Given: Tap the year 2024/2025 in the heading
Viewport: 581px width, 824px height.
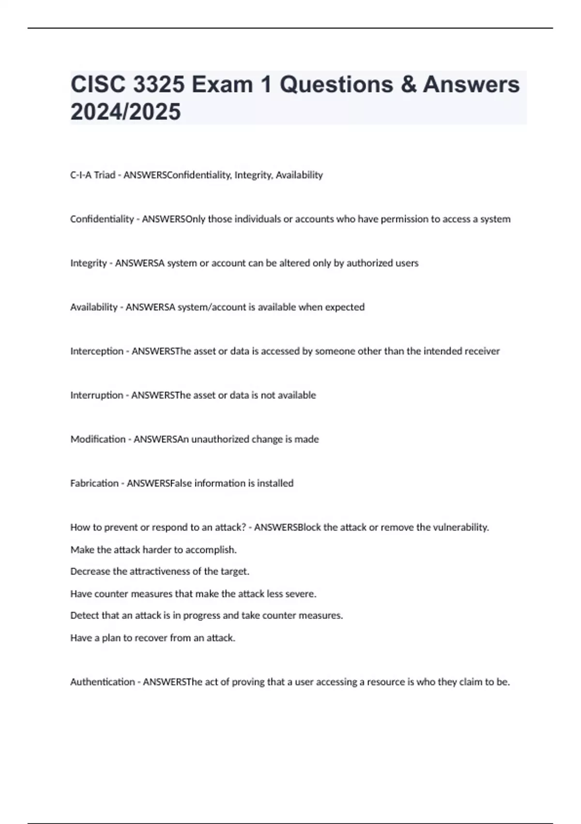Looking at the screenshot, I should point(125,111).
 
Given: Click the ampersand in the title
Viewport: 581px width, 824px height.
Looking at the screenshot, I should point(408,84).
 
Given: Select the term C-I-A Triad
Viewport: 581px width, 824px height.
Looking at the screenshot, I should point(92,175).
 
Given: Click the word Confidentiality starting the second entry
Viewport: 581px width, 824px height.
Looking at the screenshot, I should point(102,219).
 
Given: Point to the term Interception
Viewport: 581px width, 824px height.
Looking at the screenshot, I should point(97,351).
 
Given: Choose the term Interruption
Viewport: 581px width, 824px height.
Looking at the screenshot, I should point(97,395).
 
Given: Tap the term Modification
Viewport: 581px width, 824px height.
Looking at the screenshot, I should point(98,439).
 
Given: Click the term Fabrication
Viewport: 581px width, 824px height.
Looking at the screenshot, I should point(94,483).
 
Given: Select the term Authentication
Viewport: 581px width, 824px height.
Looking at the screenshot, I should point(103,682).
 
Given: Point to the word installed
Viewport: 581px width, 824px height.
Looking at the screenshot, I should point(275,483).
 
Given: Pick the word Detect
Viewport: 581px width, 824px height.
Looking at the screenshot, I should point(83,616).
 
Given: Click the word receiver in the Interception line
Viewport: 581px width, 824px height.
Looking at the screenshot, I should point(482,351).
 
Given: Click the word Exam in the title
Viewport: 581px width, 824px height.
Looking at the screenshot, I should point(222,84).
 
